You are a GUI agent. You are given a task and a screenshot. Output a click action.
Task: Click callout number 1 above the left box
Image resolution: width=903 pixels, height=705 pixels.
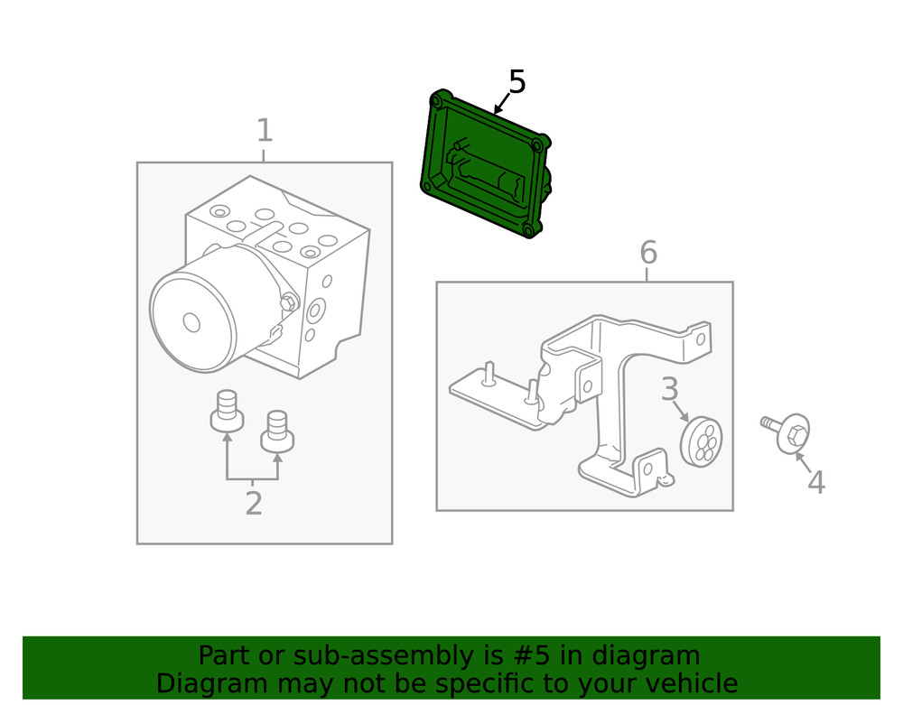point(264,132)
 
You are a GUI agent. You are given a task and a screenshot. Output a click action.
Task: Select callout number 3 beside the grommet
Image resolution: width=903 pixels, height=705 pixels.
point(669,390)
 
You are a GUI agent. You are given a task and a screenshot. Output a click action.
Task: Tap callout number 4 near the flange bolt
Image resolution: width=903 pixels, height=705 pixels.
point(815,483)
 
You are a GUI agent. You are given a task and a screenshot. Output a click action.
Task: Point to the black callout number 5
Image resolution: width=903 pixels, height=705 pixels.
point(517,82)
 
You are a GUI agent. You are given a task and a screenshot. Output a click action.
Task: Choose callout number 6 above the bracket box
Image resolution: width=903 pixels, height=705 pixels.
point(647,254)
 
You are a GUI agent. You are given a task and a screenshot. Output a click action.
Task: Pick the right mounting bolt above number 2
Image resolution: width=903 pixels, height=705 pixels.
point(277,429)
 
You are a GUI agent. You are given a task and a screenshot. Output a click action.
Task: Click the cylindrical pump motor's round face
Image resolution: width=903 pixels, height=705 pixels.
point(191,320)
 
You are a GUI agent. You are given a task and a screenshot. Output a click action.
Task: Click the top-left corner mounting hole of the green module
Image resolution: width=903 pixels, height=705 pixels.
point(440,98)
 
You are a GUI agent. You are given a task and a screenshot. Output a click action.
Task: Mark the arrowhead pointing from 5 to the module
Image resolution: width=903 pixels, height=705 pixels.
point(497,110)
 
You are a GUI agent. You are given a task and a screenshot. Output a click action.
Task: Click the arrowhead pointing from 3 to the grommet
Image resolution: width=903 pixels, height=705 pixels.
point(687,417)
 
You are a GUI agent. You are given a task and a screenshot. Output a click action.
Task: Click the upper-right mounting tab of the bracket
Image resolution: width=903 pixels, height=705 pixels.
point(699,338)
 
